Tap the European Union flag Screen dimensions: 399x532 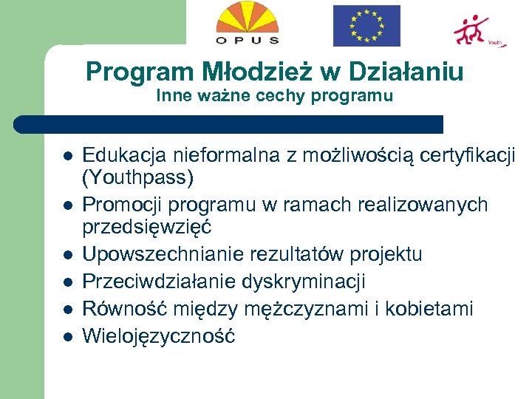[x=366, y=26]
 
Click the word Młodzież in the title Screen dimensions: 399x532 [x=233, y=72]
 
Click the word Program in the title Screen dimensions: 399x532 [x=129, y=72]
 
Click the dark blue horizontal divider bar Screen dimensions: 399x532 [x=229, y=124]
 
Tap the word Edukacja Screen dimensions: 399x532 [x=125, y=155]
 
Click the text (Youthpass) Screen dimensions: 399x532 [x=137, y=178]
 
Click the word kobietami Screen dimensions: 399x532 [x=432, y=308]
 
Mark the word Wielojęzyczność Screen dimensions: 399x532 [x=158, y=335]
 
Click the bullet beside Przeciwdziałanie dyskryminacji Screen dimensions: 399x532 [x=66, y=282]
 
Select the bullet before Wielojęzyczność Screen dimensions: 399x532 [x=66, y=336]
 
